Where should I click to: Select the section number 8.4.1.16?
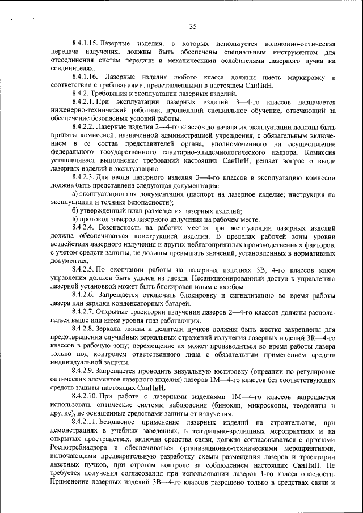86,77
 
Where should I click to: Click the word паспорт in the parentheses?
202,194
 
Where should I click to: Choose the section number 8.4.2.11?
86,422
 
